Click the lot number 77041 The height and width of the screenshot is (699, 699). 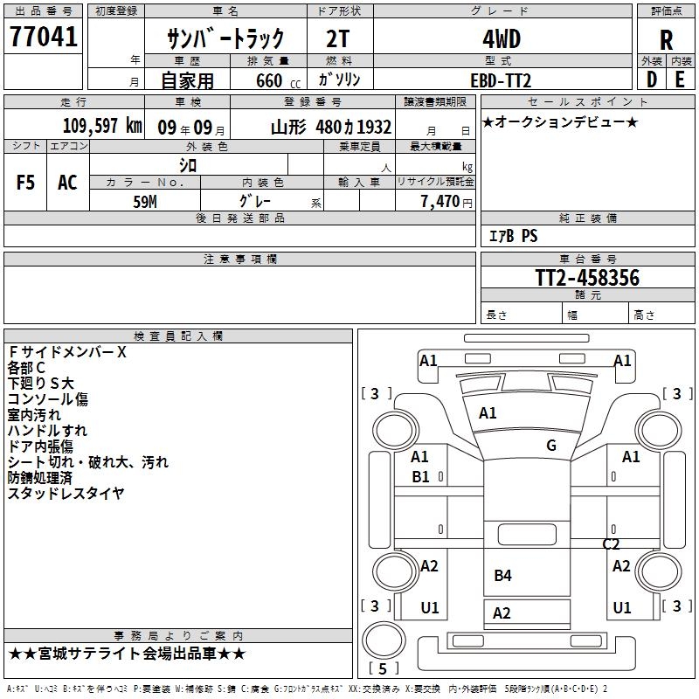tap(43, 37)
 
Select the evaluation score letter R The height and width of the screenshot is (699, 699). tap(666, 39)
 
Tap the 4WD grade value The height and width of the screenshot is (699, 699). tap(502, 39)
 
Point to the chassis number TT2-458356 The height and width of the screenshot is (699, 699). tap(587, 278)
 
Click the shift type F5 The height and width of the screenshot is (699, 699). tap(26, 183)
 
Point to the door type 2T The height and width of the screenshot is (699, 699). tap(339, 39)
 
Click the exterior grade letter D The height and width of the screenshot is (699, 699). tap(651, 80)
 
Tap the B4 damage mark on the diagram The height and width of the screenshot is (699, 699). tap(502, 575)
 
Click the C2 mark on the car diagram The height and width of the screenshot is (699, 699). tap(612, 543)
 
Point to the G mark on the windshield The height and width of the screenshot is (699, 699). tap(551, 446)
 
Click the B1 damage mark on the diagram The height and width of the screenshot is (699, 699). tap(420, 476)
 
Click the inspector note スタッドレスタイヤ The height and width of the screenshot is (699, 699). tap(66, 494)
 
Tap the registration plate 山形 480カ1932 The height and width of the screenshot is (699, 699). tap(331, 126)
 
